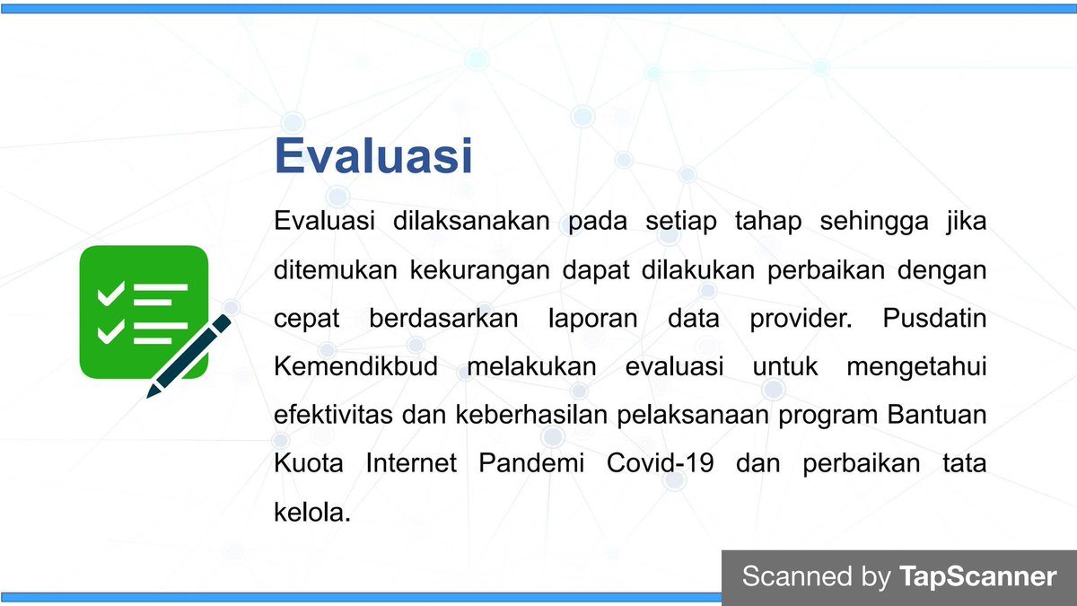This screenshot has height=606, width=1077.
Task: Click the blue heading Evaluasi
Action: point(372,154)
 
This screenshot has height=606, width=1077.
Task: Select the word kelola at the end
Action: point(310,513)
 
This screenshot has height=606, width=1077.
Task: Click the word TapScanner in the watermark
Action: point(978,575)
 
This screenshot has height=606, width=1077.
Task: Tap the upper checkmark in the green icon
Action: point(111,294)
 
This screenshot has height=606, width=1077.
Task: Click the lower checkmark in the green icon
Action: point(111,331)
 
